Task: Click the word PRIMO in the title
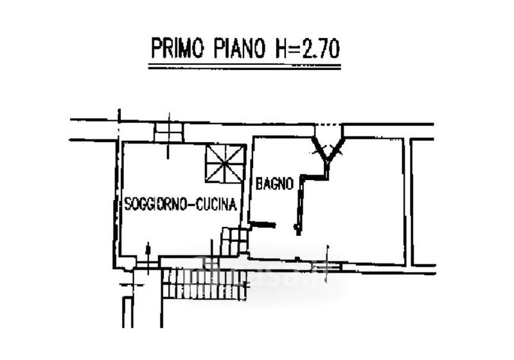[177, 49]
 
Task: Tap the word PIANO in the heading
[239, 49]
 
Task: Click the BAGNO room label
[274, 184]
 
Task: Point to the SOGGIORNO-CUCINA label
[181, 204]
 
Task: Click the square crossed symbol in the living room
[226, 163]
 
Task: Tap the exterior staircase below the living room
[204, 284]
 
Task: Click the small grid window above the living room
[168, 132]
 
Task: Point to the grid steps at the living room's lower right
[234, 241]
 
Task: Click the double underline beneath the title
[245, 67]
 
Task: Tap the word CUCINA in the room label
[217, 204]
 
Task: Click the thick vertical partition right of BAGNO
[299, 206]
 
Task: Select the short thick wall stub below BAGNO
[263, 224]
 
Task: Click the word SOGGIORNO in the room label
[156, 204]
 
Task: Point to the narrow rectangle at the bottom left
[127, 312]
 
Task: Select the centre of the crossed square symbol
[226, 163]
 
